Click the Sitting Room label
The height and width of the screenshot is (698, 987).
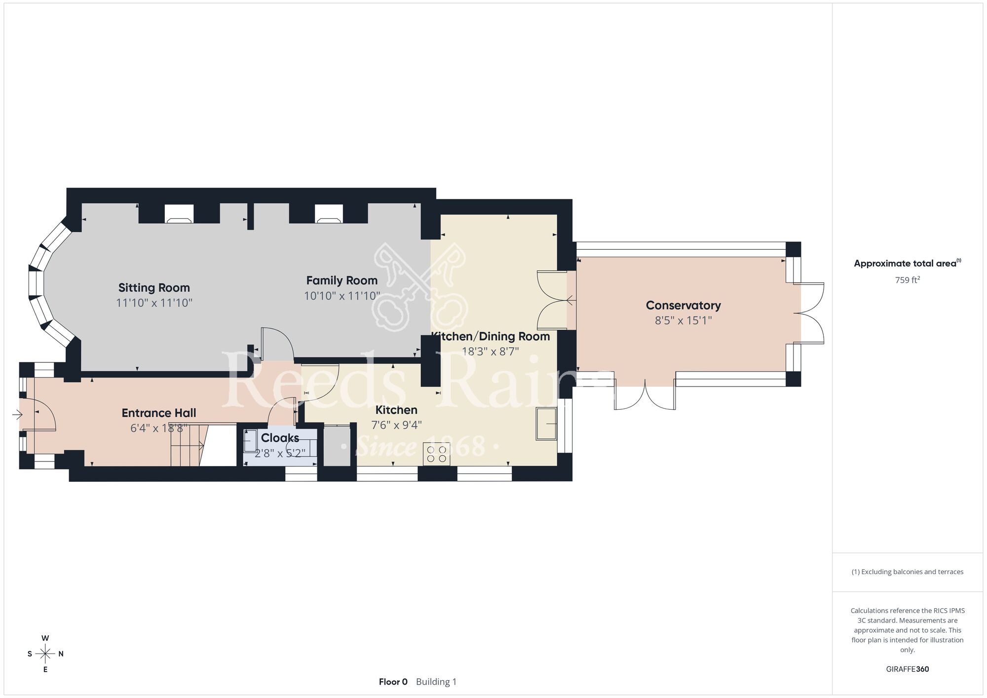(154, 288)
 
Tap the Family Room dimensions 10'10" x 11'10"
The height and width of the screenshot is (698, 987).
(342, 296)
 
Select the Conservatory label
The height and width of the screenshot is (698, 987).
(683, 306)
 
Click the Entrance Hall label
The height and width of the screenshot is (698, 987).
(159, 413)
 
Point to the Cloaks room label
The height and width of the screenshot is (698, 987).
(280, 438)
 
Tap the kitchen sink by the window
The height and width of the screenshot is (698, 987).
(546, 424)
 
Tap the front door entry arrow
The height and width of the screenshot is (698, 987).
(17, 415)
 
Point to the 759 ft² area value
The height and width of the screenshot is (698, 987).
(907, 280)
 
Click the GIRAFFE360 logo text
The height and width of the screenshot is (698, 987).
(907, 669)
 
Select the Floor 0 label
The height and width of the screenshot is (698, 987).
(393, 682)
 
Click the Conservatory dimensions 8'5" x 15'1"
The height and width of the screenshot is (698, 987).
(683, 321)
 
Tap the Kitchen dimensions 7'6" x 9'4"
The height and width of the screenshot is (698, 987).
(396, 426)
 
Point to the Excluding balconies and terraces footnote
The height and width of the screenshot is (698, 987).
(907, 572)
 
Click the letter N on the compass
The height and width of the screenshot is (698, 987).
(61, 654)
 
